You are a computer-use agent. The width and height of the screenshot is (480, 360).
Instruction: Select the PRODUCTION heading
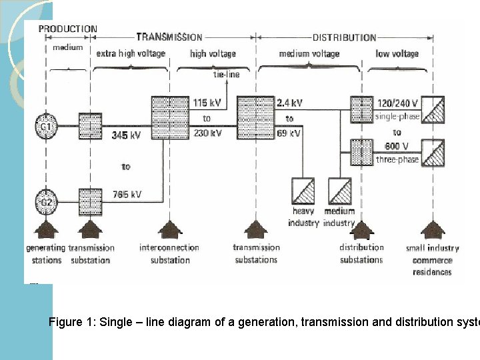point(67,29)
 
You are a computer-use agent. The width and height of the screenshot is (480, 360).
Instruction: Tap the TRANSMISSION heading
point(169,37)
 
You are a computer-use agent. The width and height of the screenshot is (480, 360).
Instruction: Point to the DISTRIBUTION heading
point(344,38)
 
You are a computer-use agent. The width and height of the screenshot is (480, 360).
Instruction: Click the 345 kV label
point(125,135)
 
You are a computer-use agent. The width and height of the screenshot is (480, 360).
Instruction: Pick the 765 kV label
point(127,195)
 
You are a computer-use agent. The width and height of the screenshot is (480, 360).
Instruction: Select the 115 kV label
point(207,103)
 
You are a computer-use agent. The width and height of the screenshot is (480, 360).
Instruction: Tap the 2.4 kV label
point(289,103)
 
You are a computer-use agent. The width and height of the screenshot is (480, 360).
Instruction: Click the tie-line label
point(226,75)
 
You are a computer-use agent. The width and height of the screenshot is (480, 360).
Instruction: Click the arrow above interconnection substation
point(170,231)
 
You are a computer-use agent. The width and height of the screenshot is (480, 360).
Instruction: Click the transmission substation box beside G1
point(90,125)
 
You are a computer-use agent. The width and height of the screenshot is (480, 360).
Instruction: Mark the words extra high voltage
point(131,53)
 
